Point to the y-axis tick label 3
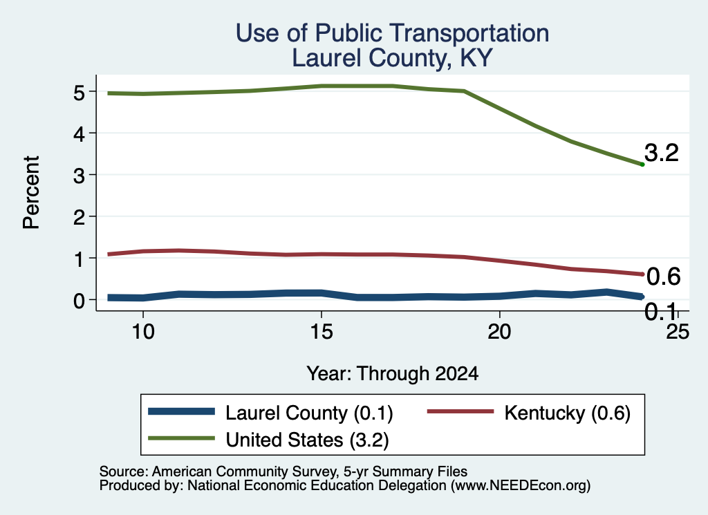point(79,176)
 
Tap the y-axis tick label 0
point(79,301)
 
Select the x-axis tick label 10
point(143,332)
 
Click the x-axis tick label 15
point(322,332)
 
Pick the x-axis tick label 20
point(499,332)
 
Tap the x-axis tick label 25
point(678,332)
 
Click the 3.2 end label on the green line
point(662,153)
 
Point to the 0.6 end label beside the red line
point(663,277)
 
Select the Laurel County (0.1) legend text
point(309,413)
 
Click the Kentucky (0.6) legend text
point(567,413)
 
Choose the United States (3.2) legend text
point(307,440)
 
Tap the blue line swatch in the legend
point(182,411)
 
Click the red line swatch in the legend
point(460,411)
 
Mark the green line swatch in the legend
point(182,438)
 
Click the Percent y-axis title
point(31,192)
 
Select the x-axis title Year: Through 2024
point(393,374)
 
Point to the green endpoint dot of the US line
point(642,165)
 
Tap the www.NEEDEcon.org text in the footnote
point(521,486)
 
